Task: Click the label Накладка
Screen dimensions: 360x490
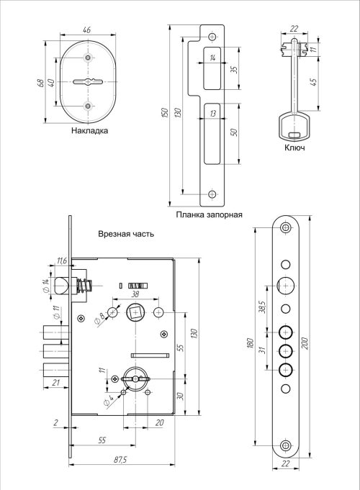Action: [x=89, y=130]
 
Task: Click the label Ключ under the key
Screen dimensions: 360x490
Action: [x=294, y=148]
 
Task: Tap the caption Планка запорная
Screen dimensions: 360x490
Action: [x=209, y=214]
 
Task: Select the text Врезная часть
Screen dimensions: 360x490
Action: [x=126, y=234]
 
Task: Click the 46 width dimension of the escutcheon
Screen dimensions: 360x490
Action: [x=87, y=30]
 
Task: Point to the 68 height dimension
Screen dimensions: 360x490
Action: [x=40, y=83]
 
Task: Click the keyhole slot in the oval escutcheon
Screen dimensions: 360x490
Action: [x=88, y=82]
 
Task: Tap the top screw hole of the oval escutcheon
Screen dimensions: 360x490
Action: [x=88, y=58]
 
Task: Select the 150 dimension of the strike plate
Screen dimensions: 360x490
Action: [x=166, y=112]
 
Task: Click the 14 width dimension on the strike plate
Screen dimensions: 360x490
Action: [x=212, y=58]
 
